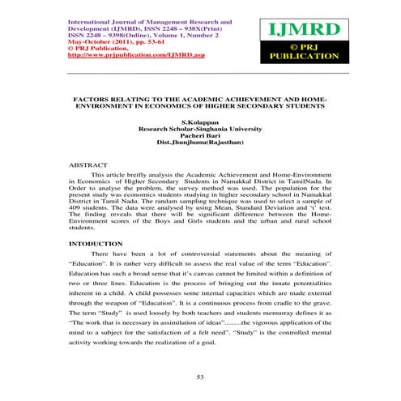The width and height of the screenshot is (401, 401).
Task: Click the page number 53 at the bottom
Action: tap(201, 378)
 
